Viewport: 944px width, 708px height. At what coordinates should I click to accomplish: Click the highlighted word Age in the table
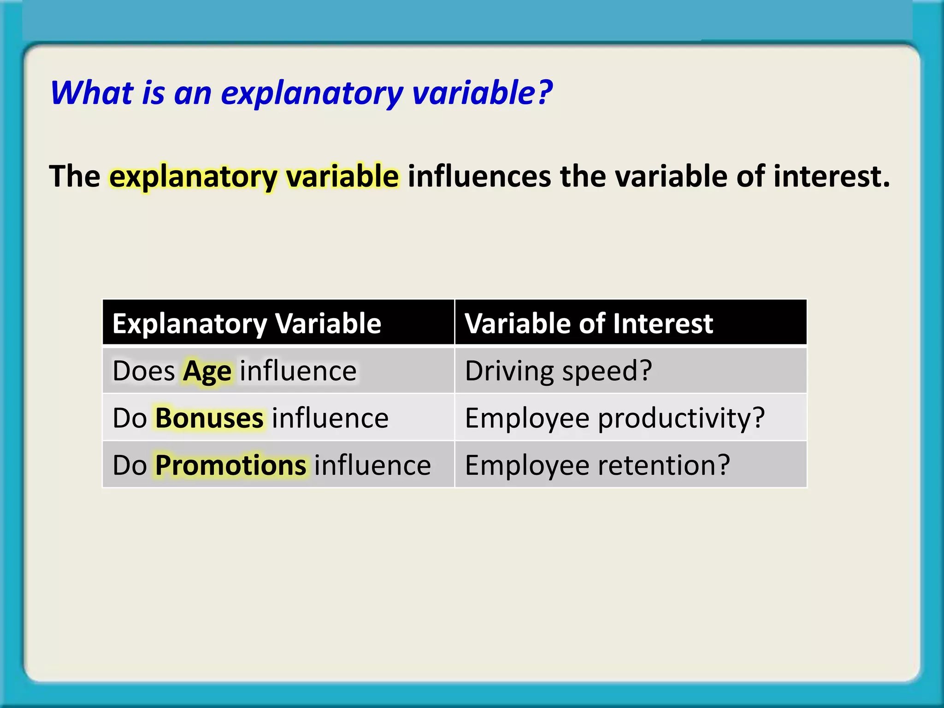(207, 372)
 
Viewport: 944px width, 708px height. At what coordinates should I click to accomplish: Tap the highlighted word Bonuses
(209, 419)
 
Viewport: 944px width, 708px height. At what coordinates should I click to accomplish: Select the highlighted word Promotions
(230, 466)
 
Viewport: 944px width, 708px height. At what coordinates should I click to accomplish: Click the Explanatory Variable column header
(247, 324)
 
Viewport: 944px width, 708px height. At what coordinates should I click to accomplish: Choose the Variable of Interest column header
(589, 324)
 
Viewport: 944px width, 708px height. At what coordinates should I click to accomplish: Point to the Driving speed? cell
(558, 372)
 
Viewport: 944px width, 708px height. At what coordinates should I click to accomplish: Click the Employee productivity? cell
(614, 419)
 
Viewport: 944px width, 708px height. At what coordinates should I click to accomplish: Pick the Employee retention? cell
(597, 466)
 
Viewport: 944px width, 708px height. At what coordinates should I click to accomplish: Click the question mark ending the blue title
(545, 93)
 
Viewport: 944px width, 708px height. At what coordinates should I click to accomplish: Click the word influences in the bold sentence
(479, 177)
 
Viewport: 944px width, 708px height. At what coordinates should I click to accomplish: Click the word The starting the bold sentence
(75, 177)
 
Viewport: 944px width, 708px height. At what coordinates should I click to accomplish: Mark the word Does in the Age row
(144, 372)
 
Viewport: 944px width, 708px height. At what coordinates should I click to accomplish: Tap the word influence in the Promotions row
(372, 466)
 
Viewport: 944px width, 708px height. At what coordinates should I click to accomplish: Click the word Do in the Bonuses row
(130, 419)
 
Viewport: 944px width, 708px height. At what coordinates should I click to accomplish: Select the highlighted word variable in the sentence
(342, 177)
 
